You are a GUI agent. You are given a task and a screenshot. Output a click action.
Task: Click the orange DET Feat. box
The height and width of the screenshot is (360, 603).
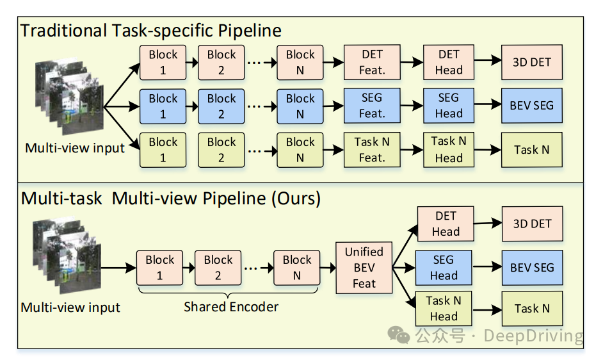(x=372, y=62)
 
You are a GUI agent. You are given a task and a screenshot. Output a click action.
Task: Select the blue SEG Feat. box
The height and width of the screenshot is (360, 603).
(x=372, y=106)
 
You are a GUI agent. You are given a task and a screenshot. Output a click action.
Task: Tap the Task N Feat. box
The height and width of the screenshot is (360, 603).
(x=372, y=150)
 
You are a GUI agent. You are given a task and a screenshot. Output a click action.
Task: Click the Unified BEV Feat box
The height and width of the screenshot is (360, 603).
(x=364, y=268)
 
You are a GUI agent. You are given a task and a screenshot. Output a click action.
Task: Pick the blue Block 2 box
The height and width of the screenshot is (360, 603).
(x=221, y=106)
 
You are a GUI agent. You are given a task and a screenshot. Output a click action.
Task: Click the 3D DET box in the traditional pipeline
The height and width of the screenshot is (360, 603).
(x=531, y=62)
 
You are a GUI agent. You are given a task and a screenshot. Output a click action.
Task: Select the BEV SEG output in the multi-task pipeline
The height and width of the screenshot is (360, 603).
(x=531, y=268)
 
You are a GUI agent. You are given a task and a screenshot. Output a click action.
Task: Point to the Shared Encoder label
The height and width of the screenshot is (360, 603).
(x=231, y=307)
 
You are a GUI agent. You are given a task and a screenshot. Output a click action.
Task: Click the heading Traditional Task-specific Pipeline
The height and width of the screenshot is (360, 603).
(x=151, y=30)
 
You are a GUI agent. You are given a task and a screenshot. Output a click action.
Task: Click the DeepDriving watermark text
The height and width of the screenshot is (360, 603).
(x=533, y=336)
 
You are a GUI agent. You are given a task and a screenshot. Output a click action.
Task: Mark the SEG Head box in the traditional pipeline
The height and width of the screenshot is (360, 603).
(x=449, y=106)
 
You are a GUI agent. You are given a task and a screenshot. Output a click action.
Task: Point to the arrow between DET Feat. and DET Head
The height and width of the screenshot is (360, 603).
(x=412, y=62)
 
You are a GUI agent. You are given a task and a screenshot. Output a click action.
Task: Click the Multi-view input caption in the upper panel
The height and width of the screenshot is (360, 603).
(x=75, y=148)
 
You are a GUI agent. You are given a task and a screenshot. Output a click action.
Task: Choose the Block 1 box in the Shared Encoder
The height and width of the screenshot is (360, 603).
(x=160, y=268)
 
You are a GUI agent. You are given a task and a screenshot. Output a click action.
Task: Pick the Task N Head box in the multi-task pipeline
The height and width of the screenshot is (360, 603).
(x=444, y=308)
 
